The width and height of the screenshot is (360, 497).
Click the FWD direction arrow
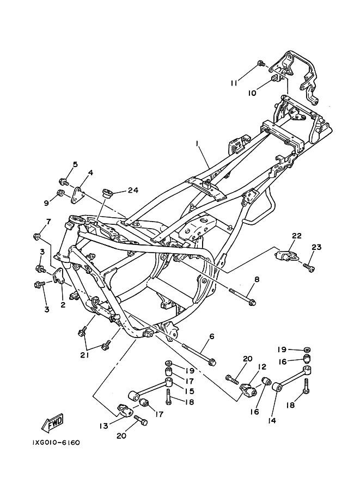tap(53, 424)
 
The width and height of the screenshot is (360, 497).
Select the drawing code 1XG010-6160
tap(56, 442)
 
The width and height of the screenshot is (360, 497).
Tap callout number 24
tap(133, 190)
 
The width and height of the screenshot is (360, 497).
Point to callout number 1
tap(197, 144)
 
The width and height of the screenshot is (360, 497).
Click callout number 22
tap(297, 236)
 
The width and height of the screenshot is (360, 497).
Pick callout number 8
tap(257, 280)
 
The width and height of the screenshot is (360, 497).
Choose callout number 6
tap(212, 336)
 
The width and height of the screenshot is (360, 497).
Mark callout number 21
tap(84, 355)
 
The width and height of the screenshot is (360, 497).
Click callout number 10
tap(252, 94)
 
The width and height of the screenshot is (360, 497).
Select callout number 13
tap(103, 426)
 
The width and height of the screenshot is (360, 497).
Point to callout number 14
tap(272, 421)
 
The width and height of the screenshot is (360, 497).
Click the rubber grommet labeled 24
tap(107, 193)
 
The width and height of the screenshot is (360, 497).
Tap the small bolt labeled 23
tap(309, 267)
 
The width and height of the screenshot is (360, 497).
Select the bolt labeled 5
tap(64, 182)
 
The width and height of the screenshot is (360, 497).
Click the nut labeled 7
tap(38, 236)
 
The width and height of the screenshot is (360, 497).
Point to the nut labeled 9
tap(60, 193)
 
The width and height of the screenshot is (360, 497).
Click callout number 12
tap(261, 367)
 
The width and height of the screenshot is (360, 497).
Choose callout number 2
tap(63, 305)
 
